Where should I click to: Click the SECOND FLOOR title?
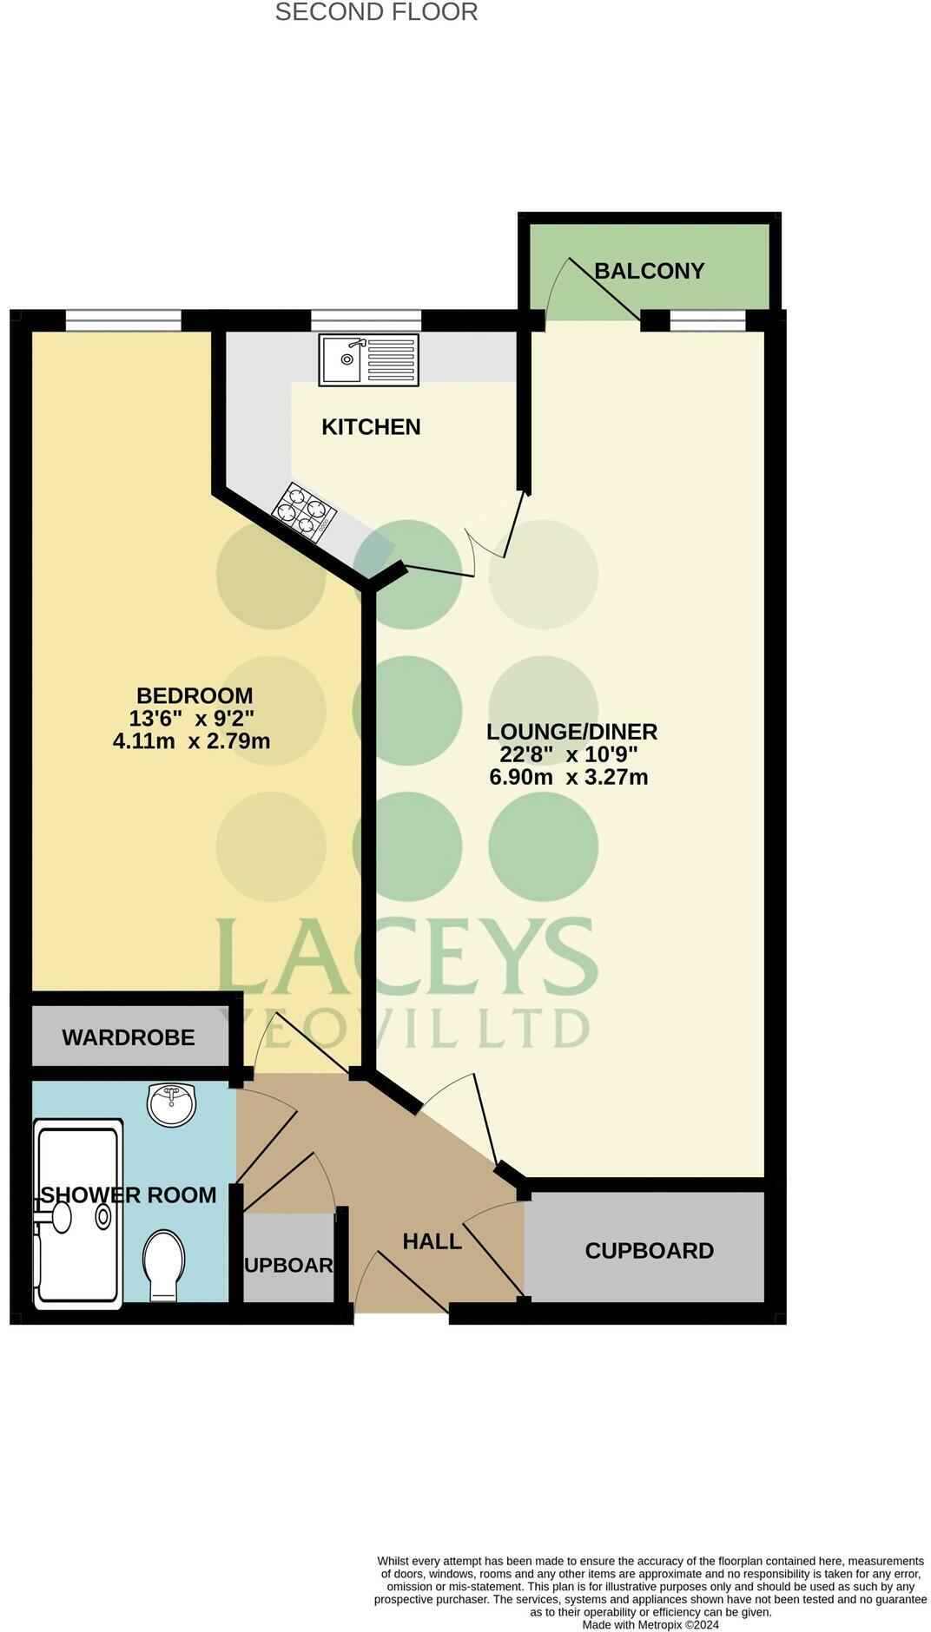pyautogui.click(x=376, y=12)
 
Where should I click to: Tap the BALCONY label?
pyautogui.click(x=649, y=271)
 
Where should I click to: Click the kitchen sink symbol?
pyautogui.click(x=368, y=360)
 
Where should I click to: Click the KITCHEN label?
pyautogui.click(x=371, y=427)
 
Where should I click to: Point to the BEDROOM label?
pyautogui.click(x=195, y=695)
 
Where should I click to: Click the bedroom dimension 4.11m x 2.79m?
pyautogui.click(x=191, y=741)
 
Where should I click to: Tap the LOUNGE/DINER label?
pyautogui.click(x=571, y=732)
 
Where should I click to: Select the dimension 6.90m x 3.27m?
pyautogui.click(x=569, y=777)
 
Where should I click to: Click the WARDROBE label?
pyautogui.click(x=129, y=1037)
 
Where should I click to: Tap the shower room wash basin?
pyautogui.click(x=172, y=1104)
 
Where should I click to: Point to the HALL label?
pyautogui.click(x=432, y=1241)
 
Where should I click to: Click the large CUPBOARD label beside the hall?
pyautogui.click(x=649, y=1251)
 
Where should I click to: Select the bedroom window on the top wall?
pyautogui.click(x=123, y=320)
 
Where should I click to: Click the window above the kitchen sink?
pyautogui.click(x=366, y=320)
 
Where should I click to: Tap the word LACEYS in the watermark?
pyautogui.click(x=405, y=957)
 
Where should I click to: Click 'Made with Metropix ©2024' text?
pyautogui.click(x=650, y=1624)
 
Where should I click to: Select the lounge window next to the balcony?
pyautogui.click(x=708, y=320)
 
